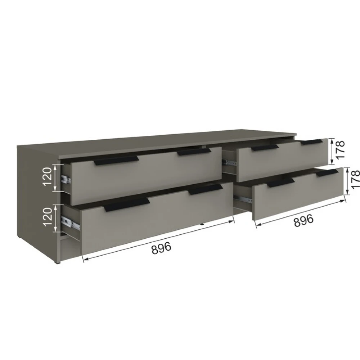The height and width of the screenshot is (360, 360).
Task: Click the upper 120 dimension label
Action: pyautogui.click(x=48, y=176)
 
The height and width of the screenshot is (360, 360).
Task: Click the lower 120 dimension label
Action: pyautogui.click(x=48, y=217)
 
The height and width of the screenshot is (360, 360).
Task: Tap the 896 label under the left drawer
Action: pyautogui.click(x=161, y=248)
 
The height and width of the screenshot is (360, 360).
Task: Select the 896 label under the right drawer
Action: pyautogui.click(x=303, y=220)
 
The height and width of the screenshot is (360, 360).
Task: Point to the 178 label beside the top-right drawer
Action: pyautogui.click(x=340, y=149)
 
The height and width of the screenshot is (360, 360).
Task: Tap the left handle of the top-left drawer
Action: pyautogui.click(x=116, y=161)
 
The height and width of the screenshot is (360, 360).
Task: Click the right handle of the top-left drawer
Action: pyautogui.click(x=194, y=152)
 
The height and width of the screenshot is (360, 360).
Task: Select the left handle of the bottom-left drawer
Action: pyautogui.click(x=127, y=204)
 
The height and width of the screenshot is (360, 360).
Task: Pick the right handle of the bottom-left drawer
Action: pyautogui.click(x=206, y=189)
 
